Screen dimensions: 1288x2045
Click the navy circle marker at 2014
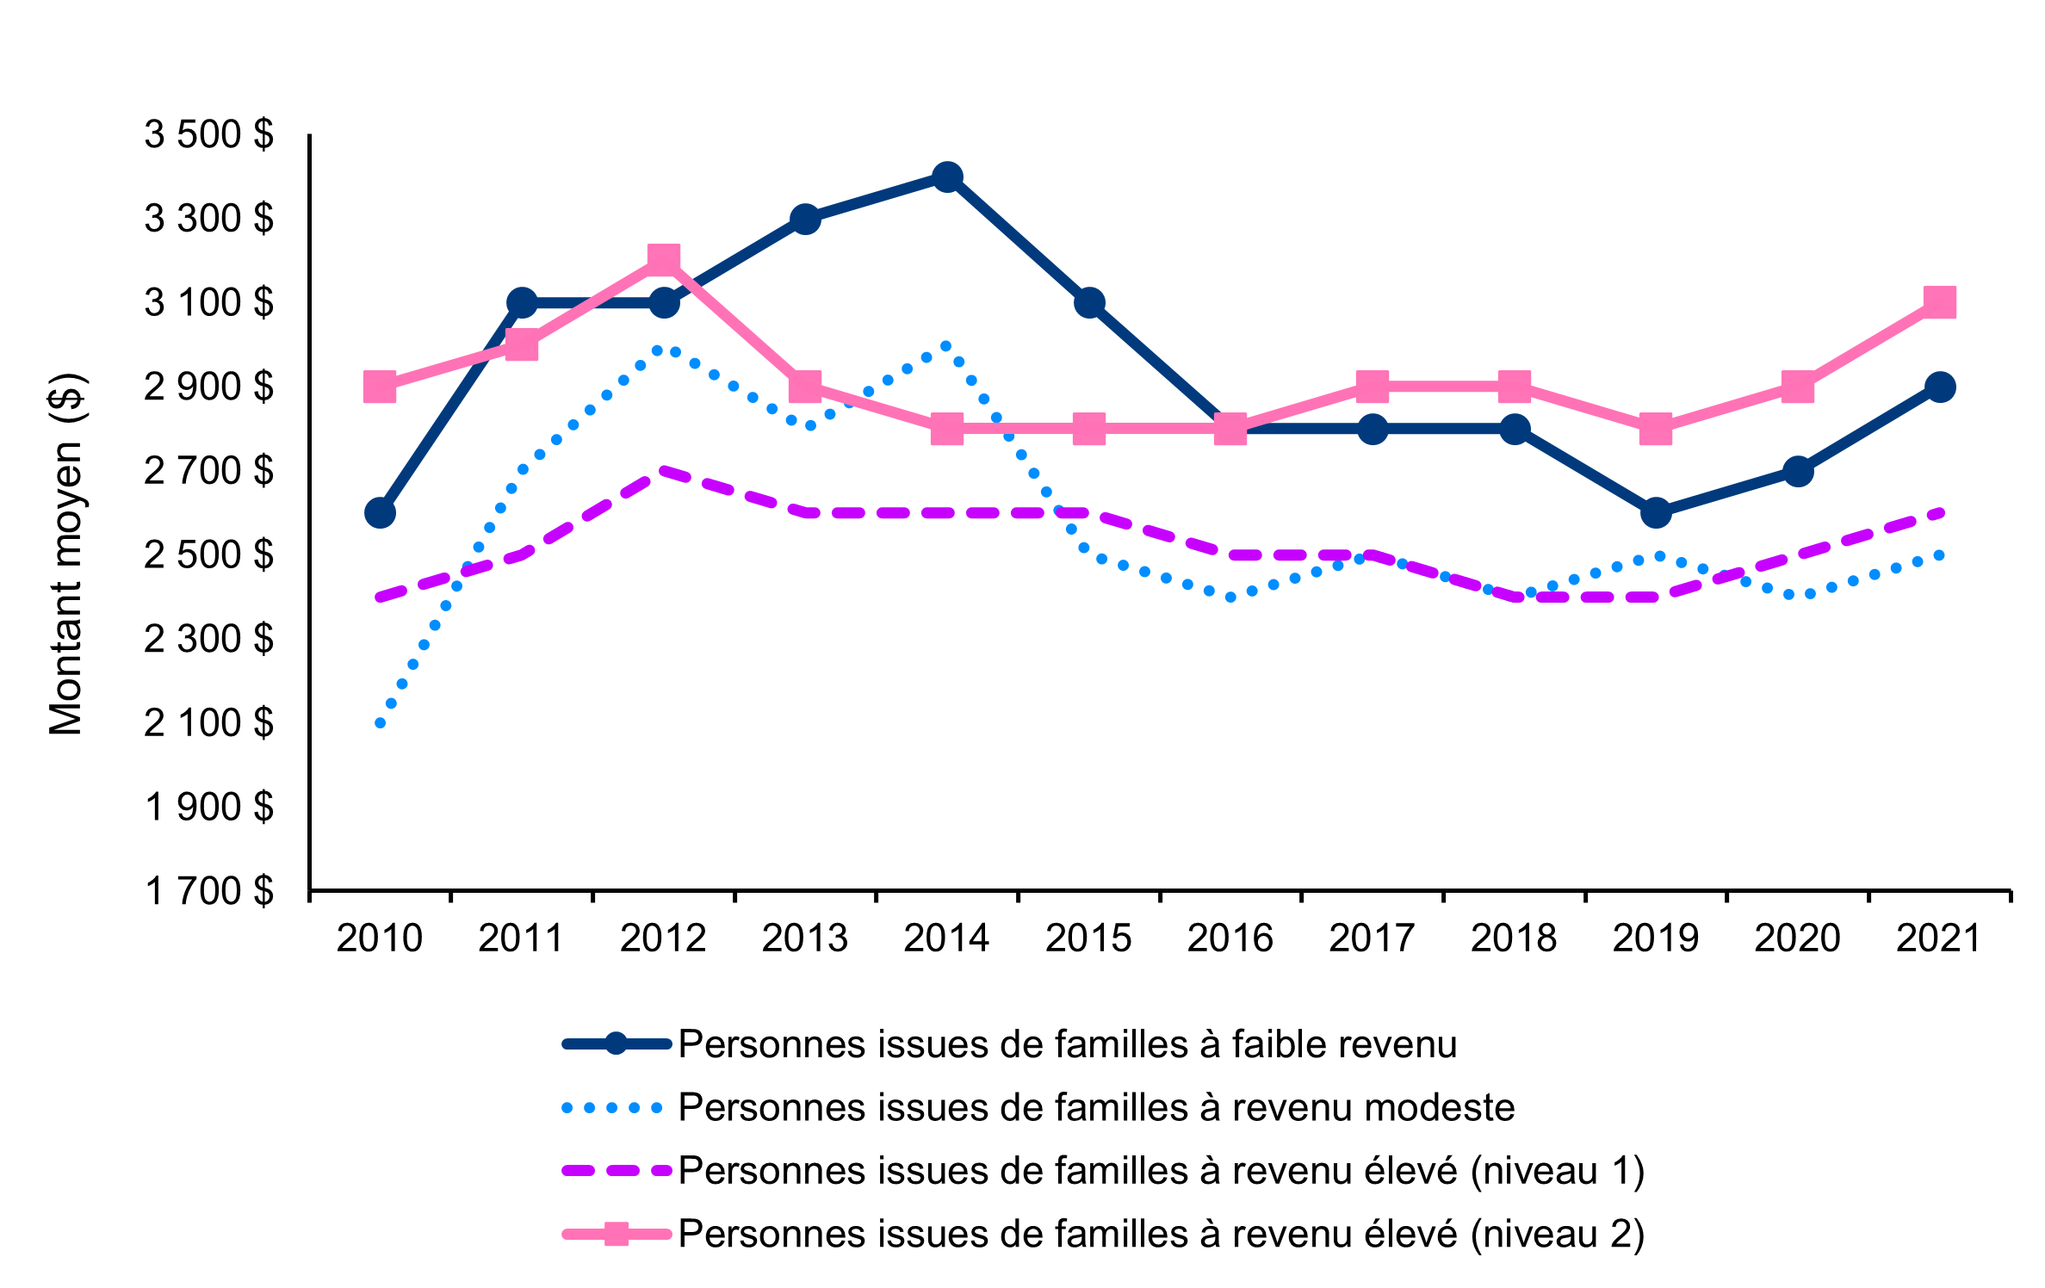pos(947,177)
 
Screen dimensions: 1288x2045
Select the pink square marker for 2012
pos(663,260)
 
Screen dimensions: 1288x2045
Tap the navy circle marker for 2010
pos(380,513)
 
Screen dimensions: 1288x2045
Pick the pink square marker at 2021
pos(1939,302)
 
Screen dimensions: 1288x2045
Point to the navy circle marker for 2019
pos(1656,513)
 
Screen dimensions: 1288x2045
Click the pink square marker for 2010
pos(380,387)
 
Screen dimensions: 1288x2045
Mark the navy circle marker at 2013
pos(805,220)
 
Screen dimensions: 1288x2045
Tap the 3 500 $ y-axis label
pos(208,135)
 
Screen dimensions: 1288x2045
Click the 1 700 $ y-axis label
pos(208,891)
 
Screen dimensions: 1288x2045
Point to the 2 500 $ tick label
pos(208,555)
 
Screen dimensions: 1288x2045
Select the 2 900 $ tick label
pos(208,387)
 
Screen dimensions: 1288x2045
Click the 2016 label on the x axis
pos(1230,938)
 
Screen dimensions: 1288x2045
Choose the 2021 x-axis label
pos(1939,938)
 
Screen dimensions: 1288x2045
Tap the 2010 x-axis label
pos(380,938)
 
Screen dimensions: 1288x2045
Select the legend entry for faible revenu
pos(1067,1044)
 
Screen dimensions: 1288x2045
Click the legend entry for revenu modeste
pos(1095,1108)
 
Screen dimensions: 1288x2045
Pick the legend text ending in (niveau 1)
pos(1161,1171)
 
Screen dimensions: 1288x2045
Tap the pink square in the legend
pos(616,1235)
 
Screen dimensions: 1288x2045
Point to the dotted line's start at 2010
pos(380,723)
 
